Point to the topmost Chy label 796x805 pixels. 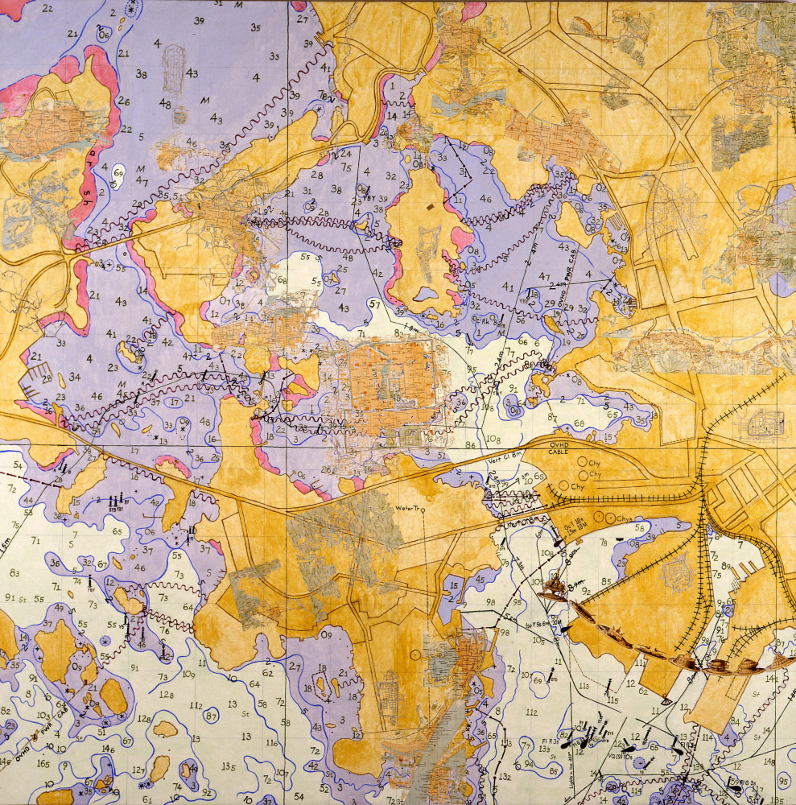(x=595, y=463)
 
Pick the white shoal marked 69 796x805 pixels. (x=118, y=172)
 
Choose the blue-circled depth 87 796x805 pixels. (x=210, y=716)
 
